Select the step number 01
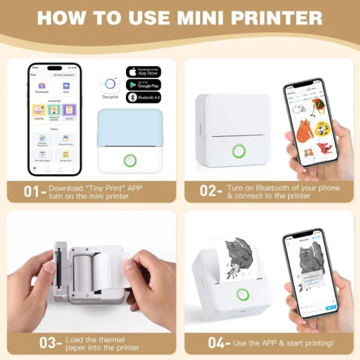26,192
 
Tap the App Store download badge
143,72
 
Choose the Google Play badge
143,85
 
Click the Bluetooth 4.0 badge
143,97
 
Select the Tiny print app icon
110,83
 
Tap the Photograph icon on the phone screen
42,87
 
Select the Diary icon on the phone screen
66,87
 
